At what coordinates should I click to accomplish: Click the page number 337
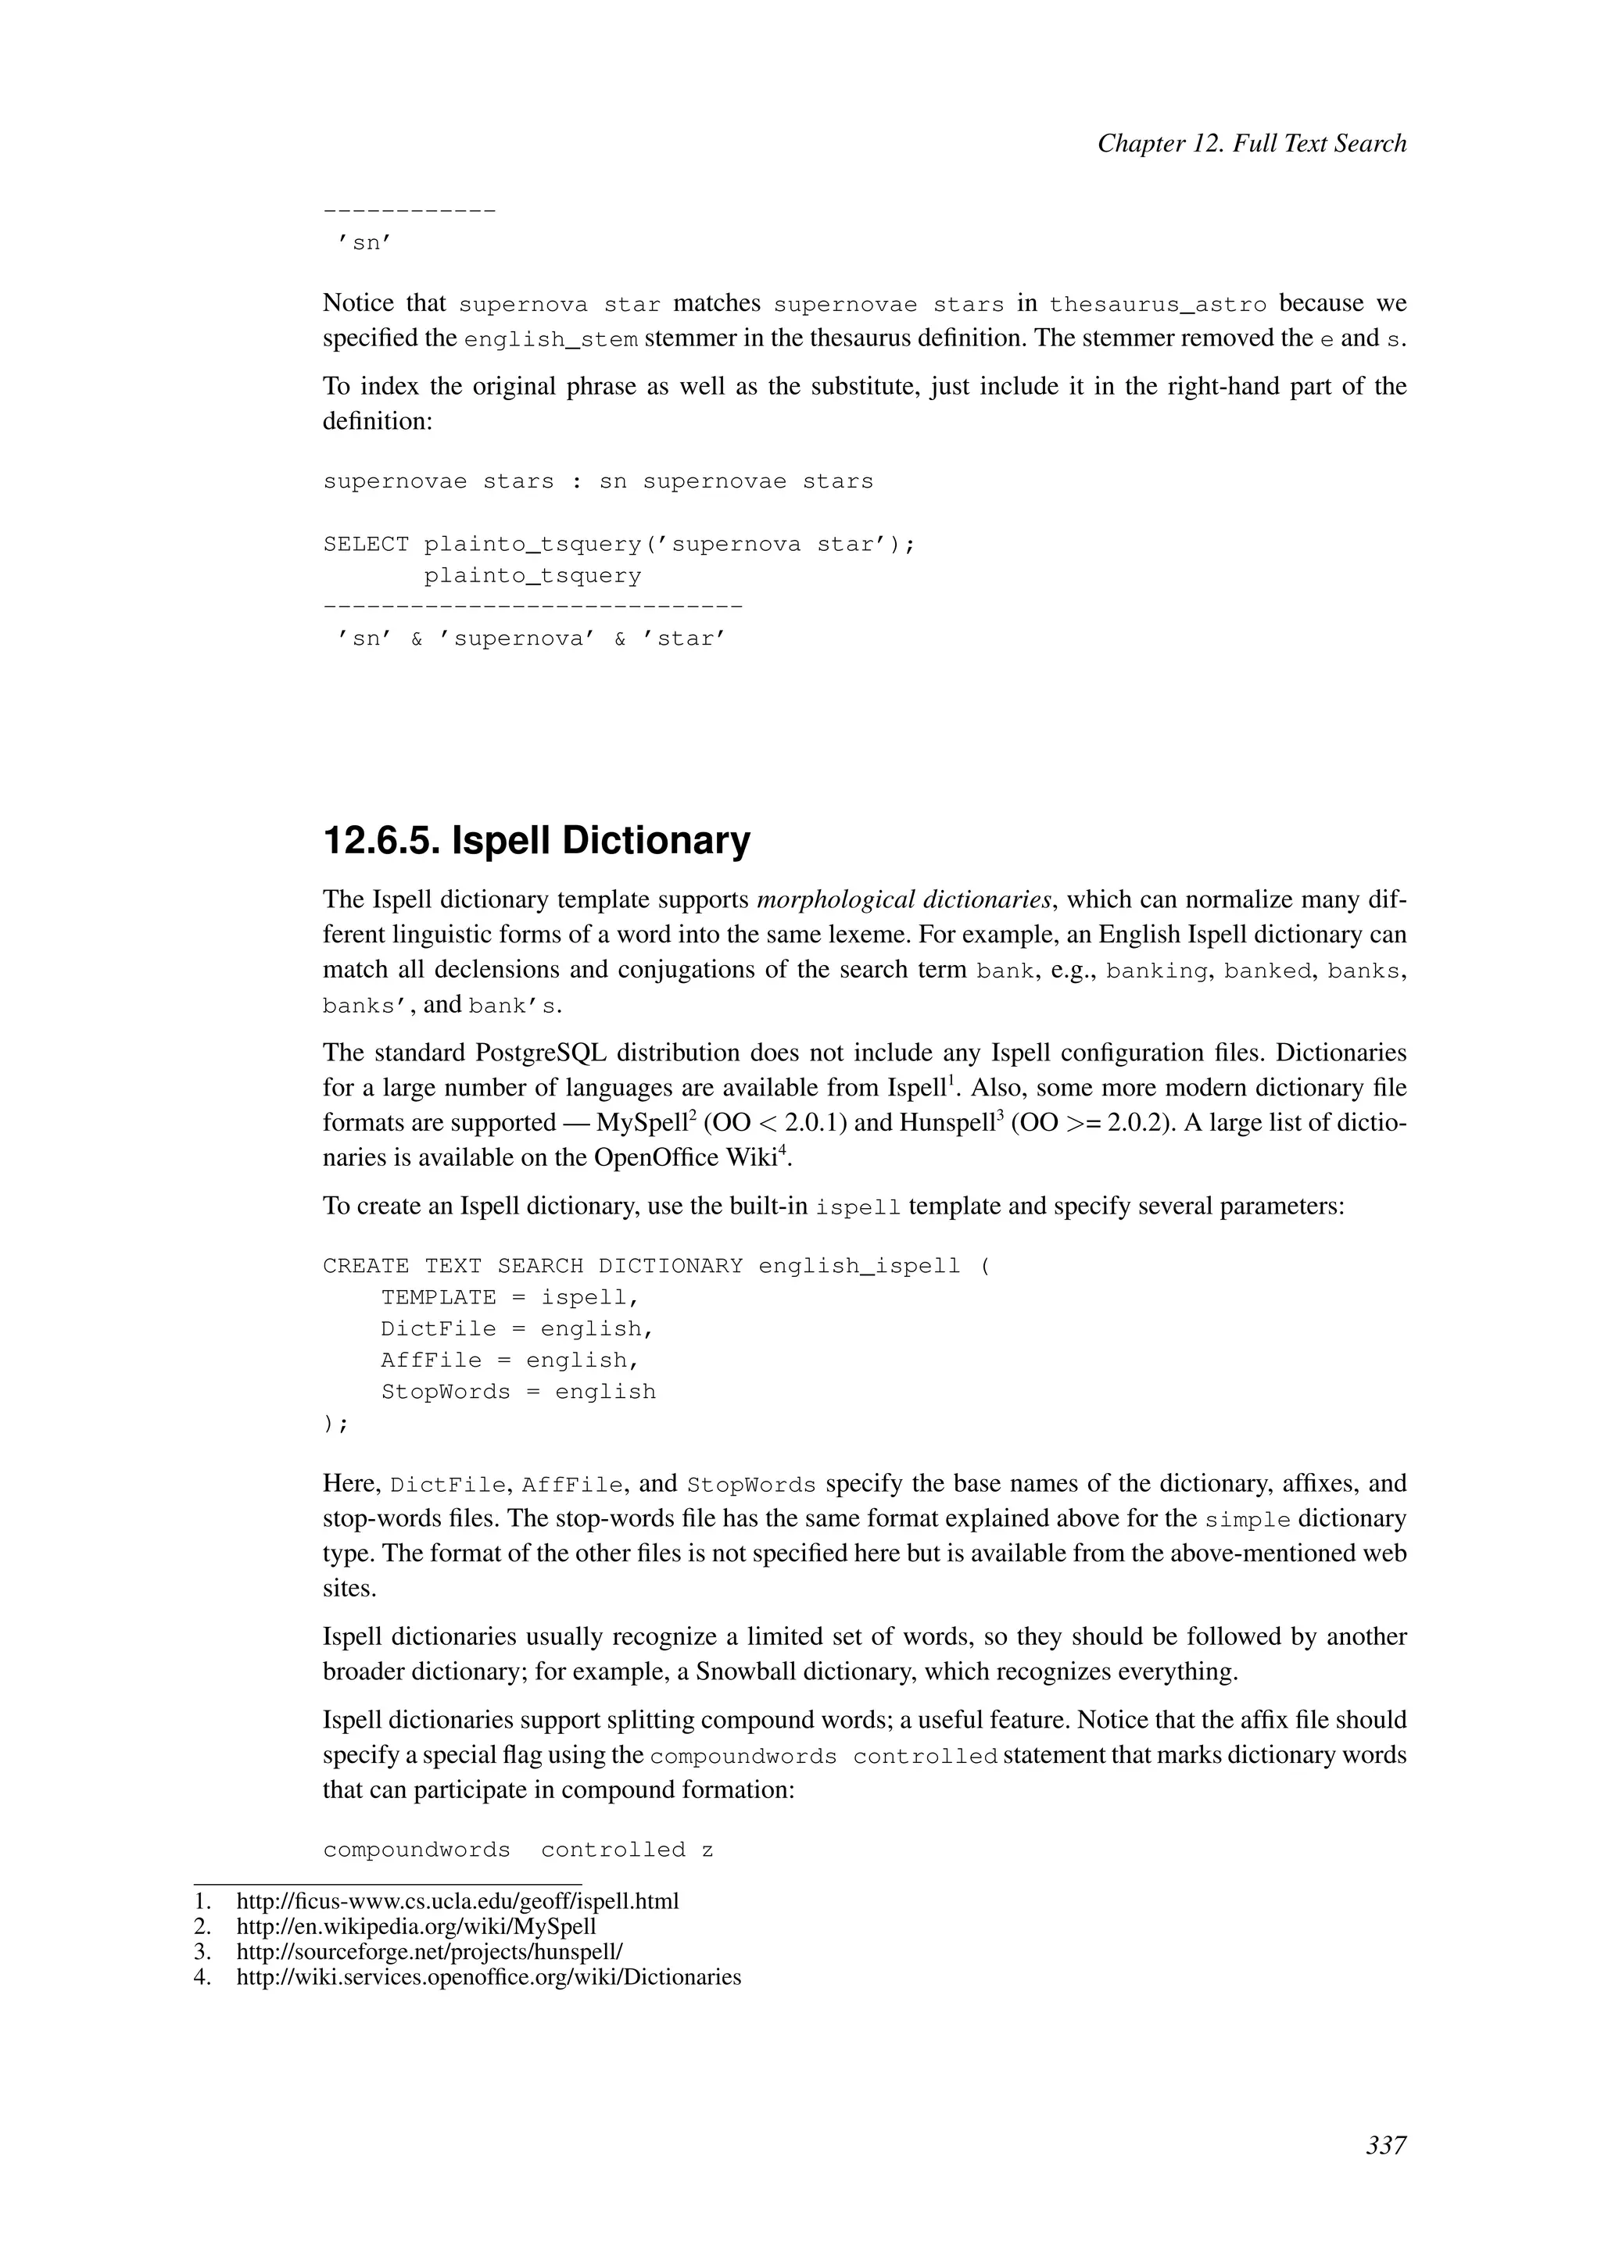click(x=1385, y=2145)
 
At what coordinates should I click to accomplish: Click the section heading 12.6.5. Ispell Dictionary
click(x=536, y=841)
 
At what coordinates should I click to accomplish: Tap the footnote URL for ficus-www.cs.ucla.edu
click(x=457, y=1900)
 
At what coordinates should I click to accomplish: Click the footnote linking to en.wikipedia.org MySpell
click(x=416, y=1926)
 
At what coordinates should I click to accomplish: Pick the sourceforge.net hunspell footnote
click(x=429, y=1951)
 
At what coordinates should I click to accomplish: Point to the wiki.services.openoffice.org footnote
click(x=488, y=1977)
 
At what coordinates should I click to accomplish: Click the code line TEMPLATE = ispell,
click(x=510, y=1298)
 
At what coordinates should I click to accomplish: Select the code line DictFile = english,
click(x=518, y=1330)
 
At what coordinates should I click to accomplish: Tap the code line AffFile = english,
click(x=510, y=1361)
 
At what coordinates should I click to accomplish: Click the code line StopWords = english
click(x=518, y=1392)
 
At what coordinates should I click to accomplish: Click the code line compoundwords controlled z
click(x=518, y=1850)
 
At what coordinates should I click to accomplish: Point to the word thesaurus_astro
click(x=1158, y=305)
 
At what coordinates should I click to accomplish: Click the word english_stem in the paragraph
click(x=550, y=340)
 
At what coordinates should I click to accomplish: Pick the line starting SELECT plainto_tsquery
click(x=619, y=545)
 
